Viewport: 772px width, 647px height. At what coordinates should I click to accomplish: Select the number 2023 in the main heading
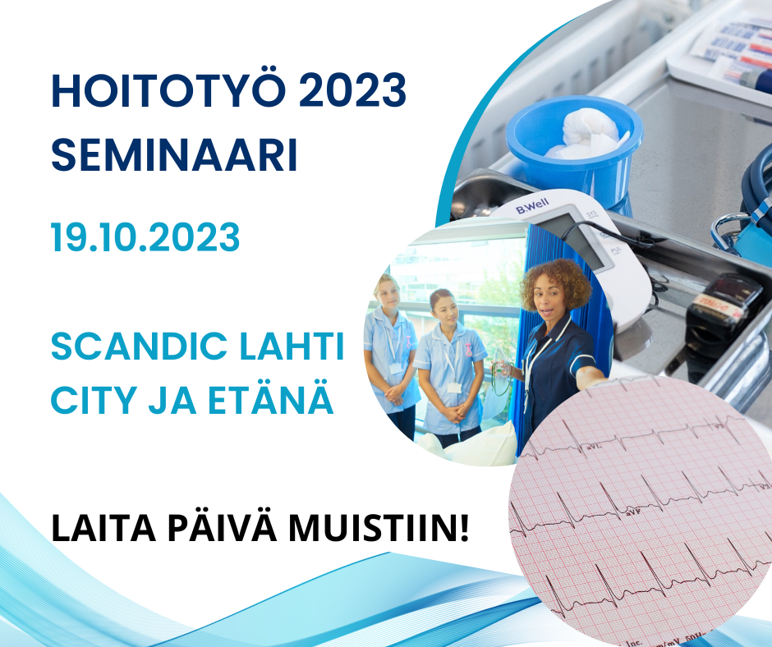click(352, 90)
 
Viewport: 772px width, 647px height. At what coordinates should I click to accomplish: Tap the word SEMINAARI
click(174, 154)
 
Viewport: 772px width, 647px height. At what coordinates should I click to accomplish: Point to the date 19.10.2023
click(145, 237)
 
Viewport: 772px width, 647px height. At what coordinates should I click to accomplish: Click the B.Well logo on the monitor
click(531, 206)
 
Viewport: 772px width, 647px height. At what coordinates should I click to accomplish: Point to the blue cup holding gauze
click(574, 148)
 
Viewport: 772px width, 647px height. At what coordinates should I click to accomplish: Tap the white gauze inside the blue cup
click(587, 133)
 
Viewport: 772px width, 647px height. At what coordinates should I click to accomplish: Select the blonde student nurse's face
click(388, 293)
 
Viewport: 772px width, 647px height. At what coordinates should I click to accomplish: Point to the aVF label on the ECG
click(635, 512)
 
